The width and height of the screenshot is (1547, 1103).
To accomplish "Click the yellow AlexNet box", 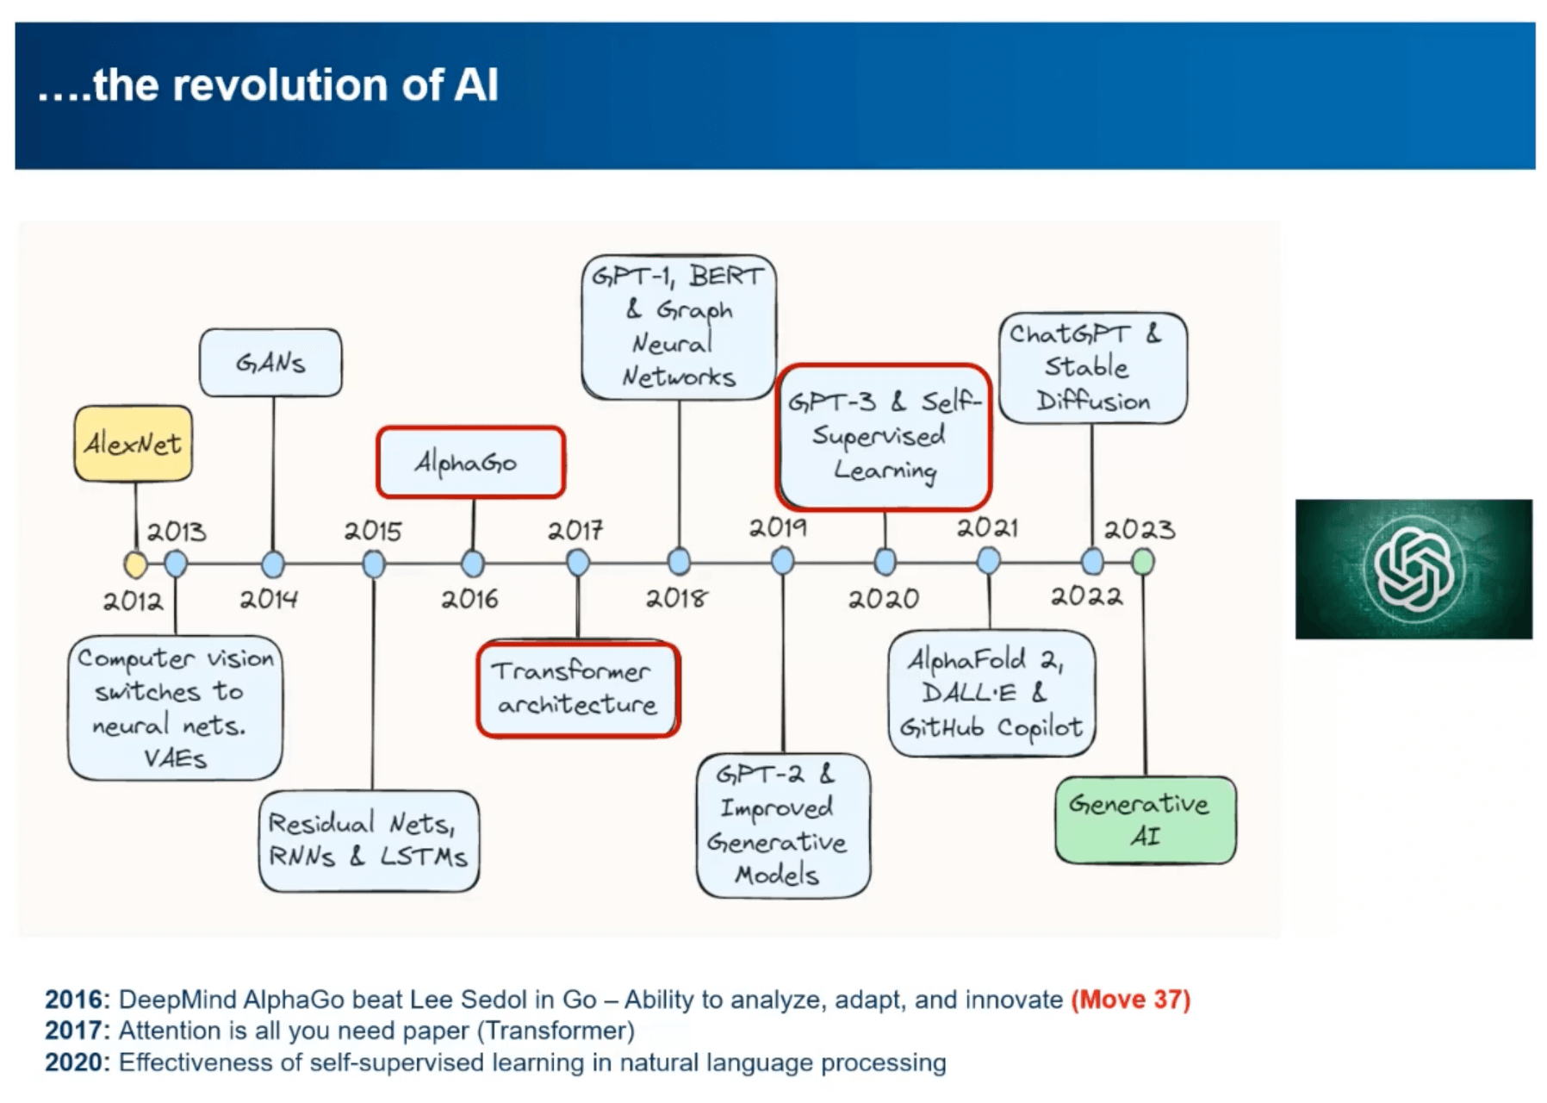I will pyautogui.click(x=133, y=444).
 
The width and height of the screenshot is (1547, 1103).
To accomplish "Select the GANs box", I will pyautogui.click(x=270, y=363).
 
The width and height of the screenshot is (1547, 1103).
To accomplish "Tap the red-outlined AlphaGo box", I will pyautogui.click(x=470, y=463).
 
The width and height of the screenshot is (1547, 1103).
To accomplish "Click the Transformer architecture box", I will pyautogui.click(x=578, y=689).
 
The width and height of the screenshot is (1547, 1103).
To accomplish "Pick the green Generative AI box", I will pyautogui.click(x=1145, y=819).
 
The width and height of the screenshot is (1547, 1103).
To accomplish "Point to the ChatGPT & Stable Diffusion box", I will pyautogui.click(x=1092, y=368).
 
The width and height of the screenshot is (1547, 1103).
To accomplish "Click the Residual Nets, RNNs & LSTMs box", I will pyautogui.click(x=369, y=840).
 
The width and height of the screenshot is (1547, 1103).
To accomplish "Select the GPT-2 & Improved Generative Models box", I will pyautogui.click(x=782, y=825).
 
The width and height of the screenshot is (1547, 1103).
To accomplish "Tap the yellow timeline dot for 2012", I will pyautogui.click(x=135, y=564).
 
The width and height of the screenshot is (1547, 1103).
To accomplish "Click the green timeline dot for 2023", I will pyautogui.click(x=1142, y=562).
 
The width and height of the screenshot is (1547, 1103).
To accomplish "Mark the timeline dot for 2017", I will pyautogui.click(x=578, y=563).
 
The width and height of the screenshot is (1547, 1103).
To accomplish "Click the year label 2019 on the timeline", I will pyautogui.click(x=777, y=527).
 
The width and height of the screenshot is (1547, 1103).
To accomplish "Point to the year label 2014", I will pyautogui.click(x=269, y=598).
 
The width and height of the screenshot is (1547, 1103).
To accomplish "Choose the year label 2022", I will pyautogui.click(x=1086, y=596).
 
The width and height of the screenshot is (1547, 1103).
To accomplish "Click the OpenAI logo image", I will pyautogui.click(x=1413, y=569).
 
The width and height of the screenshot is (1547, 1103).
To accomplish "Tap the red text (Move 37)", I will pyautogui.click(x=1130, y=1000).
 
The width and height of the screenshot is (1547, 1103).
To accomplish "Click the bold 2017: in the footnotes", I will pyautogui.click(x=78, y=1031).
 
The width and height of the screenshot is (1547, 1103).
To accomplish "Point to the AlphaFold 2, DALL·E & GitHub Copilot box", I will pyautogui.click(x=991, y=694).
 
